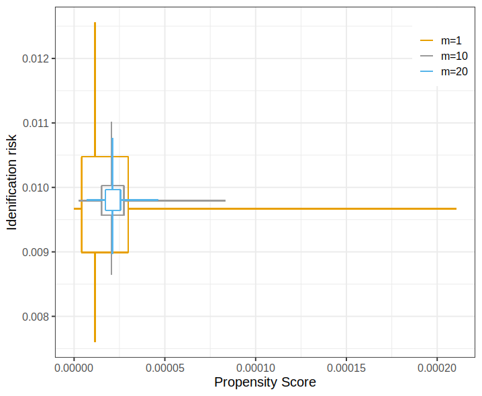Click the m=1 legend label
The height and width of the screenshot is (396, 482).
pos(451,40)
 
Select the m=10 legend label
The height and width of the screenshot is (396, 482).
pos(454,56)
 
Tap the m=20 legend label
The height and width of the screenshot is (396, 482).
pos(454,71)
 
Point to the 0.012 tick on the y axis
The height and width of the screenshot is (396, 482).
pos(36,58)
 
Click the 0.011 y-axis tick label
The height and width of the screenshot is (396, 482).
pos(36,123)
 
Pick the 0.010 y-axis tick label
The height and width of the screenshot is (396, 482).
pos(36,188)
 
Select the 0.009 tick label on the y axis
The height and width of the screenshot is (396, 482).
pos(36,252)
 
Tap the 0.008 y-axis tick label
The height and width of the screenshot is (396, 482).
pos(36,317)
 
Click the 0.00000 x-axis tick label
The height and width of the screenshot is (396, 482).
pos(74,368)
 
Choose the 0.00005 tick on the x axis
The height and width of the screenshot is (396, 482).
pos(165,368)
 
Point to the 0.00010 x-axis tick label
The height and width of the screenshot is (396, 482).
pos(256,368)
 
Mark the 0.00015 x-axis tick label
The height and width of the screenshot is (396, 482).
pos(346,368)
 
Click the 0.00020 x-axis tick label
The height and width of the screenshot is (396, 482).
pos(437,368)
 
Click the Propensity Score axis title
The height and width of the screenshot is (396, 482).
pos(265,382)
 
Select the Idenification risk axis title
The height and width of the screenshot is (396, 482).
pos(11,182)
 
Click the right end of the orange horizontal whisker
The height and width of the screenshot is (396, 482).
pos(456,209)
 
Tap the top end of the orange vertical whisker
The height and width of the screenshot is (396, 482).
pos(95,22)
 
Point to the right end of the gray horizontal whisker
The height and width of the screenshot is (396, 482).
pos(226,201)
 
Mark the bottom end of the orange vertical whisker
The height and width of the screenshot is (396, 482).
pos(95,342)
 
